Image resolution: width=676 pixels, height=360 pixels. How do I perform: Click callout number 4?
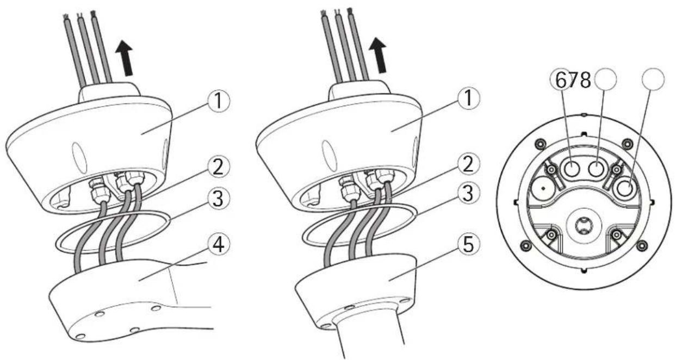(x=219, y=244)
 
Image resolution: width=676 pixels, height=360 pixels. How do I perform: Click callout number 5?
(x=468, y=244)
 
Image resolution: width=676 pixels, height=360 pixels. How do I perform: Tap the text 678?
(x=573, y=80)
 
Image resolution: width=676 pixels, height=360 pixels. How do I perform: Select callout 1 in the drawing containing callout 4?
(x=219, y=101)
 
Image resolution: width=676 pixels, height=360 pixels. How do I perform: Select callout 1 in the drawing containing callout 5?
(x=468, y=98)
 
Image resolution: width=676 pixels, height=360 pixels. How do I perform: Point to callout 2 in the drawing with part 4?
(x=219, y=167)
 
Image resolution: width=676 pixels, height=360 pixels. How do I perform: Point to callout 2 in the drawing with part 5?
(x=468, y=164)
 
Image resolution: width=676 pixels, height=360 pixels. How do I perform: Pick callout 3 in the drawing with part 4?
(x=219, y=200)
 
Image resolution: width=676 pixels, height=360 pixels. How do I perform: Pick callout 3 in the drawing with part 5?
(x=468, y=194)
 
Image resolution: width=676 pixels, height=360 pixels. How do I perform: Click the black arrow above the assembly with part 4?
(x=125, y=58)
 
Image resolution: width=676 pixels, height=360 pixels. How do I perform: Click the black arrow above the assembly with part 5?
(x=379, y=55)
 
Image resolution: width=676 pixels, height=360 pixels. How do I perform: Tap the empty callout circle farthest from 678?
(x=653, y=79)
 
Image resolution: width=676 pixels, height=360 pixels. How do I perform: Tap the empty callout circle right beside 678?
(x=606, y=79)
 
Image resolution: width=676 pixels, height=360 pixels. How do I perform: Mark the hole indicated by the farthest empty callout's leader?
(x=625, y=189)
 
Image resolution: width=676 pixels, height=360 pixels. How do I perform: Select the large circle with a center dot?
(x=543, y=189)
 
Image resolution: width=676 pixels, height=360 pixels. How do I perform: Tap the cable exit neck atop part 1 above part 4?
(x=109, y=92)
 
